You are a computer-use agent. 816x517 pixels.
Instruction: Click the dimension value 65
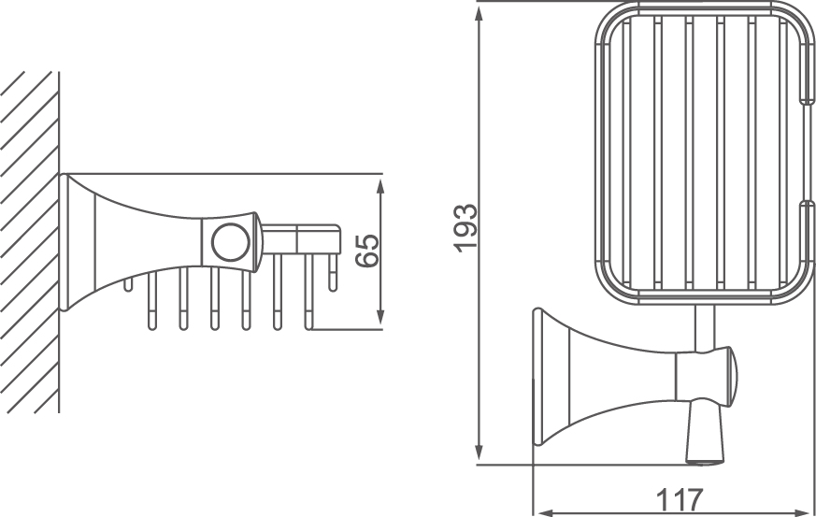click(x=368, y=251)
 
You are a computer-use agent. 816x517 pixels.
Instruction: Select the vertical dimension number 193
click(x=465, y=227)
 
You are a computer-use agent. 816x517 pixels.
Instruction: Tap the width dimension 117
click(x=674, y=498)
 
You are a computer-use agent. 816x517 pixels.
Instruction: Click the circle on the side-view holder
click(x=227, y=242)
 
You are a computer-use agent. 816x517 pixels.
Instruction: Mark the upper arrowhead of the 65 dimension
click(x=381, y=182)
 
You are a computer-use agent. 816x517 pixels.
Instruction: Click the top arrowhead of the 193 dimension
click(x=479, y=11)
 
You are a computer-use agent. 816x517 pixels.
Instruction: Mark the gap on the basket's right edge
click(x=806, y=150)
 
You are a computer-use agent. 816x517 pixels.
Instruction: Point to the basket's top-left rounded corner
click(x=605, y=21)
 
